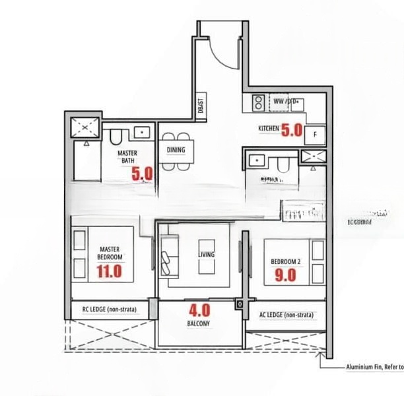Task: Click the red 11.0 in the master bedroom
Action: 109,271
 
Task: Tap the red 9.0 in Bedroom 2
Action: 286,275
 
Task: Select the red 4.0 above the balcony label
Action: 199,310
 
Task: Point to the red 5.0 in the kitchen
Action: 291,130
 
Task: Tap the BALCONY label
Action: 199,324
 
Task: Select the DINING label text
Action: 176,150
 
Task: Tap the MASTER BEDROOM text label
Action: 109,251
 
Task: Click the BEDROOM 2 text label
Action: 286,261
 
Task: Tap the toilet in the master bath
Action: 116,137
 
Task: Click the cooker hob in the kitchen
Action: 258,102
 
